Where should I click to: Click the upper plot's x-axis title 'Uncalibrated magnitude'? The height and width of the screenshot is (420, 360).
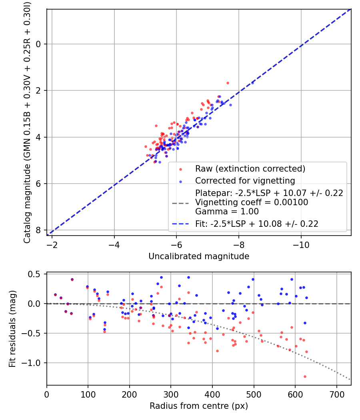199,256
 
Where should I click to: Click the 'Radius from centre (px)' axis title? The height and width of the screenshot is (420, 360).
199,406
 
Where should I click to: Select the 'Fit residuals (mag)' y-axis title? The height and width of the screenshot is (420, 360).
12,329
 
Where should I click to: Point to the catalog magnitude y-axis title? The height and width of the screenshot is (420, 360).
27,122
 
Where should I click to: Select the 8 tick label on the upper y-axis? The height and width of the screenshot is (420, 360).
38,230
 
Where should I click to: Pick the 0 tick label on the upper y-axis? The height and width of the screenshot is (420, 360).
38,44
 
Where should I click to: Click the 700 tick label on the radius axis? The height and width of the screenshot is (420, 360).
336,394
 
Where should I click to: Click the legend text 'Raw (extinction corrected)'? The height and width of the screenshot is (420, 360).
250,168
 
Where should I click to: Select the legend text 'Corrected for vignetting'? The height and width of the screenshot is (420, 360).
245,180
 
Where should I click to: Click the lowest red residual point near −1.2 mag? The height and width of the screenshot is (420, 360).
305,376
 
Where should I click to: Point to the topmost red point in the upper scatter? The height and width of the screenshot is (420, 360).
228,83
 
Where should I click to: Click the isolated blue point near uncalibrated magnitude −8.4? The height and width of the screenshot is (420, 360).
252,83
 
